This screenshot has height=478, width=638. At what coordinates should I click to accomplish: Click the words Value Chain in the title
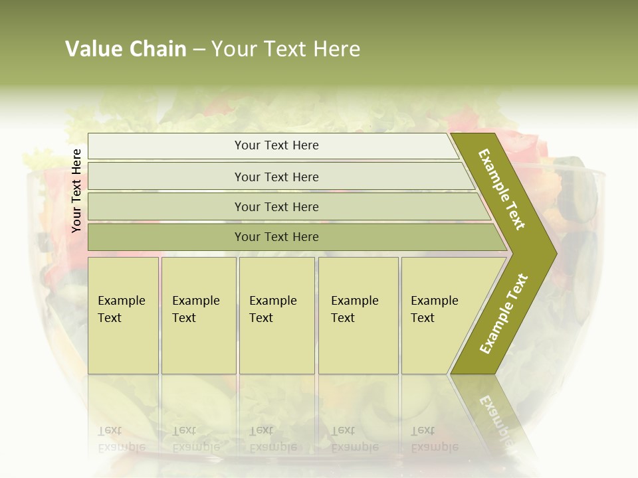tap(126, 49)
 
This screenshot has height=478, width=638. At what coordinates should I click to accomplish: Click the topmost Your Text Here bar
tap(276, 145)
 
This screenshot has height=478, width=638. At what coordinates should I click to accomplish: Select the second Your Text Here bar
tap(276, 177)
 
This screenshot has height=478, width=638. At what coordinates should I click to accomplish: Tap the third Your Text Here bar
tap(276, 206)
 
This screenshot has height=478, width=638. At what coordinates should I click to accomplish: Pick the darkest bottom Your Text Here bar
tap(276, 237)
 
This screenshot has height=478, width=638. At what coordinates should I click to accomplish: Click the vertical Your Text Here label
tap(76, 191)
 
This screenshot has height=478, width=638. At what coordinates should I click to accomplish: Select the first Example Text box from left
tap(123, 315)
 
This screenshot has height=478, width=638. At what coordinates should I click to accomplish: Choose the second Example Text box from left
tap(198, 315)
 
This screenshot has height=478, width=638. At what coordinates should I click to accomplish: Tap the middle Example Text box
tap(276, 315)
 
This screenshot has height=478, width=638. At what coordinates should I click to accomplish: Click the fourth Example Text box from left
tap(358, 315)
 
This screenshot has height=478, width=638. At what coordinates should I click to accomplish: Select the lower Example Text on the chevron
tap(504, 313)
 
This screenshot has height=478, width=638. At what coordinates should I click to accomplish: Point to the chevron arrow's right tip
tap(555, 253)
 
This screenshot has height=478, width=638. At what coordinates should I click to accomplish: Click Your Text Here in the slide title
tap(286, 49)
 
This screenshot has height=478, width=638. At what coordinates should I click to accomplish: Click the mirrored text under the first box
tap(121, 438)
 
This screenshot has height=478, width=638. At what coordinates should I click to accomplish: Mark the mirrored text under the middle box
tap(272, 438)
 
